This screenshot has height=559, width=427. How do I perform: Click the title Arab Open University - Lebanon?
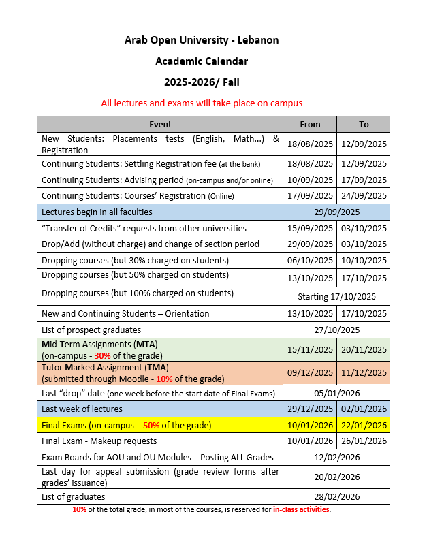201,40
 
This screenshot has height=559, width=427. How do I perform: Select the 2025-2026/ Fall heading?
201,82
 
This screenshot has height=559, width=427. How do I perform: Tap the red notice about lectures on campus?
202,103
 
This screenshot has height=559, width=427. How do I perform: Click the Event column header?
160,125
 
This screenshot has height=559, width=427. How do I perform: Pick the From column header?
310,125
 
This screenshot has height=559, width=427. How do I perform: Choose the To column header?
364,125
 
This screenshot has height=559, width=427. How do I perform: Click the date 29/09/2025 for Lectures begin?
336,212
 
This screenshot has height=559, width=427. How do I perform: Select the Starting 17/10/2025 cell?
336,296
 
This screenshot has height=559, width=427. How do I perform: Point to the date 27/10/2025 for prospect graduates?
336,330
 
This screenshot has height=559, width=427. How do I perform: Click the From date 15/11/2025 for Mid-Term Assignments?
310,349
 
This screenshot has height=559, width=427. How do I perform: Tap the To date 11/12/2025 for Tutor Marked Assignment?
364,372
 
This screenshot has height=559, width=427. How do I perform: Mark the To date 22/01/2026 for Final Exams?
364,426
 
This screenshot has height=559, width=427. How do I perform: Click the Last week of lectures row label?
82,409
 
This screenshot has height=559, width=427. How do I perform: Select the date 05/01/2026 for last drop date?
336,393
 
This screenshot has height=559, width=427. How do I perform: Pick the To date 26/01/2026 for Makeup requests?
364,441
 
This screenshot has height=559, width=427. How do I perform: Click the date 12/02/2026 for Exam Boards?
336,458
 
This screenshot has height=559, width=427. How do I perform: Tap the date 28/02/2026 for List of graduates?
336,496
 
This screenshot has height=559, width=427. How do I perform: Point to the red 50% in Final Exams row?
151,426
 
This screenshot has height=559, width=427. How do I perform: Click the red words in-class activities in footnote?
301,509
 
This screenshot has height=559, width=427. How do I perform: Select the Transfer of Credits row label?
144,229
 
